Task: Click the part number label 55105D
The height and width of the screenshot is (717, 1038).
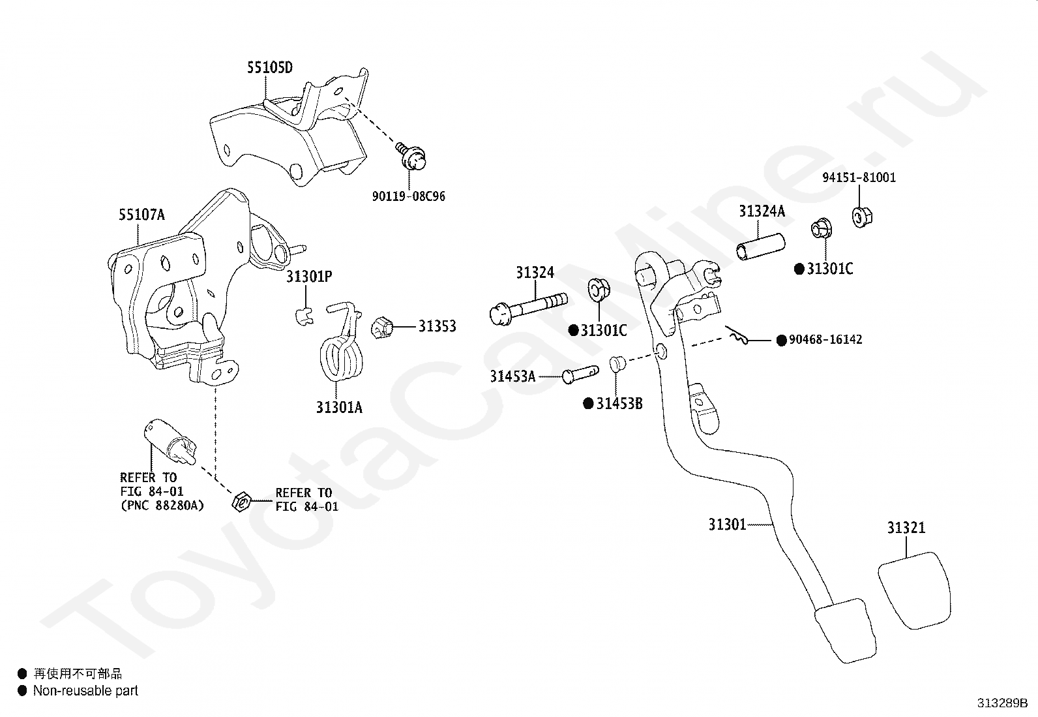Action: coord(270,68)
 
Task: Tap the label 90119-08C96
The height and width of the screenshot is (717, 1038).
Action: coord(409,196)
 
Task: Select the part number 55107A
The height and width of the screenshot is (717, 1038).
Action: coord(141,215)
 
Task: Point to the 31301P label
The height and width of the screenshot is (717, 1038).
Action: coord(309,277)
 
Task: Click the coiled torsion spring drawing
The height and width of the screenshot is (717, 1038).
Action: coord(342,352)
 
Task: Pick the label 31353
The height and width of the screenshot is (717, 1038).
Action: coord(437,326)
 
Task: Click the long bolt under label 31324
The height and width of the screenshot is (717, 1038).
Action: coord(528,309)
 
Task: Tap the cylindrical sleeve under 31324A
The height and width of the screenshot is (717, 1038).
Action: coord(760,247)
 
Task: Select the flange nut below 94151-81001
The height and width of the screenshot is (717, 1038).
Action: coord(862,217)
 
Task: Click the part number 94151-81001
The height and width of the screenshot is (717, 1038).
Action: coord(859,177)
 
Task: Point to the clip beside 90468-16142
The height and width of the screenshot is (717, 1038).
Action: coord(737,335)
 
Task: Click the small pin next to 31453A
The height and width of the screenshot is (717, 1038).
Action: coord(581,374)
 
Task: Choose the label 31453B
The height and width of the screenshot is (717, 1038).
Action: coord(619,404)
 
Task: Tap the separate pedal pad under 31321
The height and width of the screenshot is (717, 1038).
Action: coord(914,590)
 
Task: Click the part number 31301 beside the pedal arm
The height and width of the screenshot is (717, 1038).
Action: coord(727,525)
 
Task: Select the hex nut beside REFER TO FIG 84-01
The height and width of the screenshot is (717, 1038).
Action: coord(241,501)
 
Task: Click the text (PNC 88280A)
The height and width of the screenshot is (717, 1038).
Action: coord(162,505)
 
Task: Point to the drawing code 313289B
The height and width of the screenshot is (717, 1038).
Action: coord(1003,703)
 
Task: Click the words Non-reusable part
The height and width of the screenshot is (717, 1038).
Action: coord(85,690)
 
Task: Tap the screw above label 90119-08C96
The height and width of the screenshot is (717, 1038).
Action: coord(411,157)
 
